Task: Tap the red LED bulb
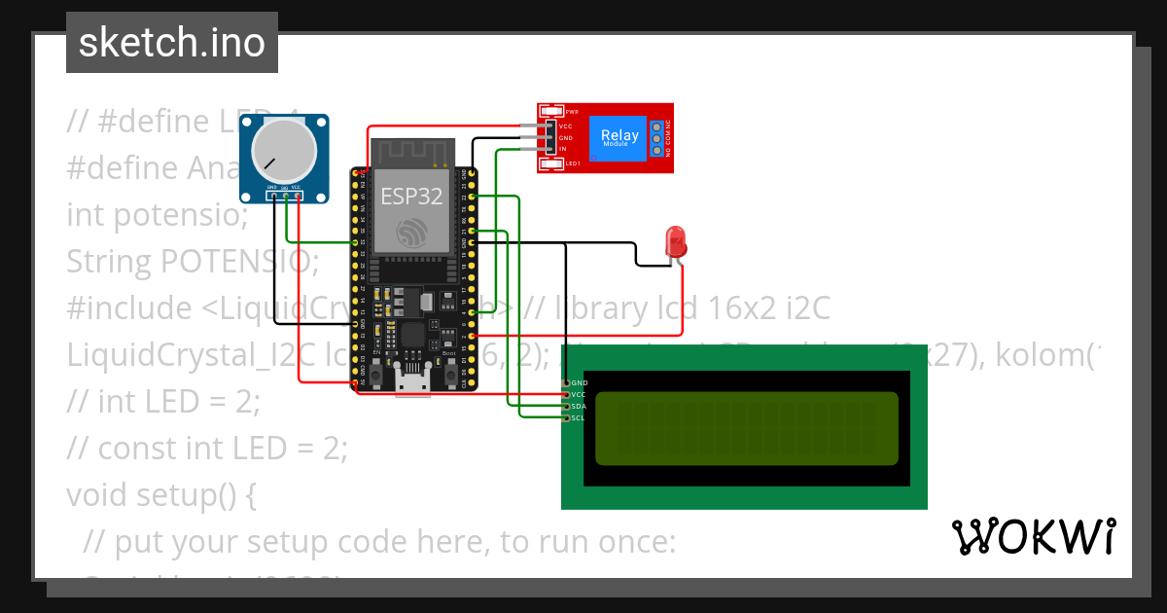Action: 673,242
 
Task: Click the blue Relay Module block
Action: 619,137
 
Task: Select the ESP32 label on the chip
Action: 411,197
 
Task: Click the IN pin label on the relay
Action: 562,149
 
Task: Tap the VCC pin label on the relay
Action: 564,126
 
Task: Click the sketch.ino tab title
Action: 172,43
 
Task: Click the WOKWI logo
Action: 1033,536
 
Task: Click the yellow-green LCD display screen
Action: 746,428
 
